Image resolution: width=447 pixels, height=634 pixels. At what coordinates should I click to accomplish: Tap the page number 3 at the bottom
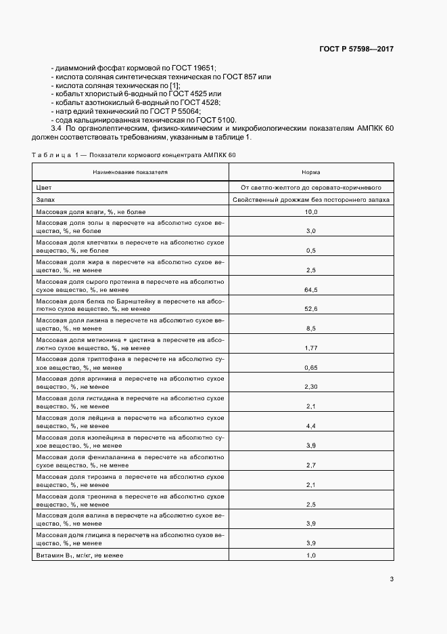[x=392, y=578]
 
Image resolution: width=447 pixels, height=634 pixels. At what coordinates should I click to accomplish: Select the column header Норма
[x=311, y=173]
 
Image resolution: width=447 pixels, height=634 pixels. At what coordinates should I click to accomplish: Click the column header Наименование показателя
[x=131, y=173]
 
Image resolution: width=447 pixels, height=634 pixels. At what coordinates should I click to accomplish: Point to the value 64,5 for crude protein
[x=311, y=289]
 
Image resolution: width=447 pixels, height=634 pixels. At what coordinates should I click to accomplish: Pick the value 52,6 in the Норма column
[x=311, y=309]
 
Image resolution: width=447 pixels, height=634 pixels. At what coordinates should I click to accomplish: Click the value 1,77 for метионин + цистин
[x=311, y=348]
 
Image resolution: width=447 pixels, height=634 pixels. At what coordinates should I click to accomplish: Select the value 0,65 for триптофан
[x=311, y=368]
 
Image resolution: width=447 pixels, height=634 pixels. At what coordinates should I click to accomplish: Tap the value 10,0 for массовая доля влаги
[x=311, y=212]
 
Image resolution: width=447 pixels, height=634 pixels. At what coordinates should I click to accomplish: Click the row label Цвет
[x=44, y=187]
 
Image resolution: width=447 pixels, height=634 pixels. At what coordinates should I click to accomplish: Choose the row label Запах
[x=46, y=200]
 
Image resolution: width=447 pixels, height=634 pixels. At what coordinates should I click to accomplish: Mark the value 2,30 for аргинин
[x=311, y=387]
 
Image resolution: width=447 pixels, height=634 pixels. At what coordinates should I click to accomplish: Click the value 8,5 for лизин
[x=311, y=329]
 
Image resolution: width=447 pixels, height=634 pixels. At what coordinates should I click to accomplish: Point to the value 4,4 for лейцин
[x=311, y=426]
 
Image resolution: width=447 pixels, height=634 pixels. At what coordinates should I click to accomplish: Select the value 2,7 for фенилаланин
[x=311, y=465]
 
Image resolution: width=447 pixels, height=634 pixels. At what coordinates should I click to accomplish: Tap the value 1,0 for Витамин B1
[x=311, y=555]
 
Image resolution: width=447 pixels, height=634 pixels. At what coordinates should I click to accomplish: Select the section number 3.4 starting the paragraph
[x=56, y=129]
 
